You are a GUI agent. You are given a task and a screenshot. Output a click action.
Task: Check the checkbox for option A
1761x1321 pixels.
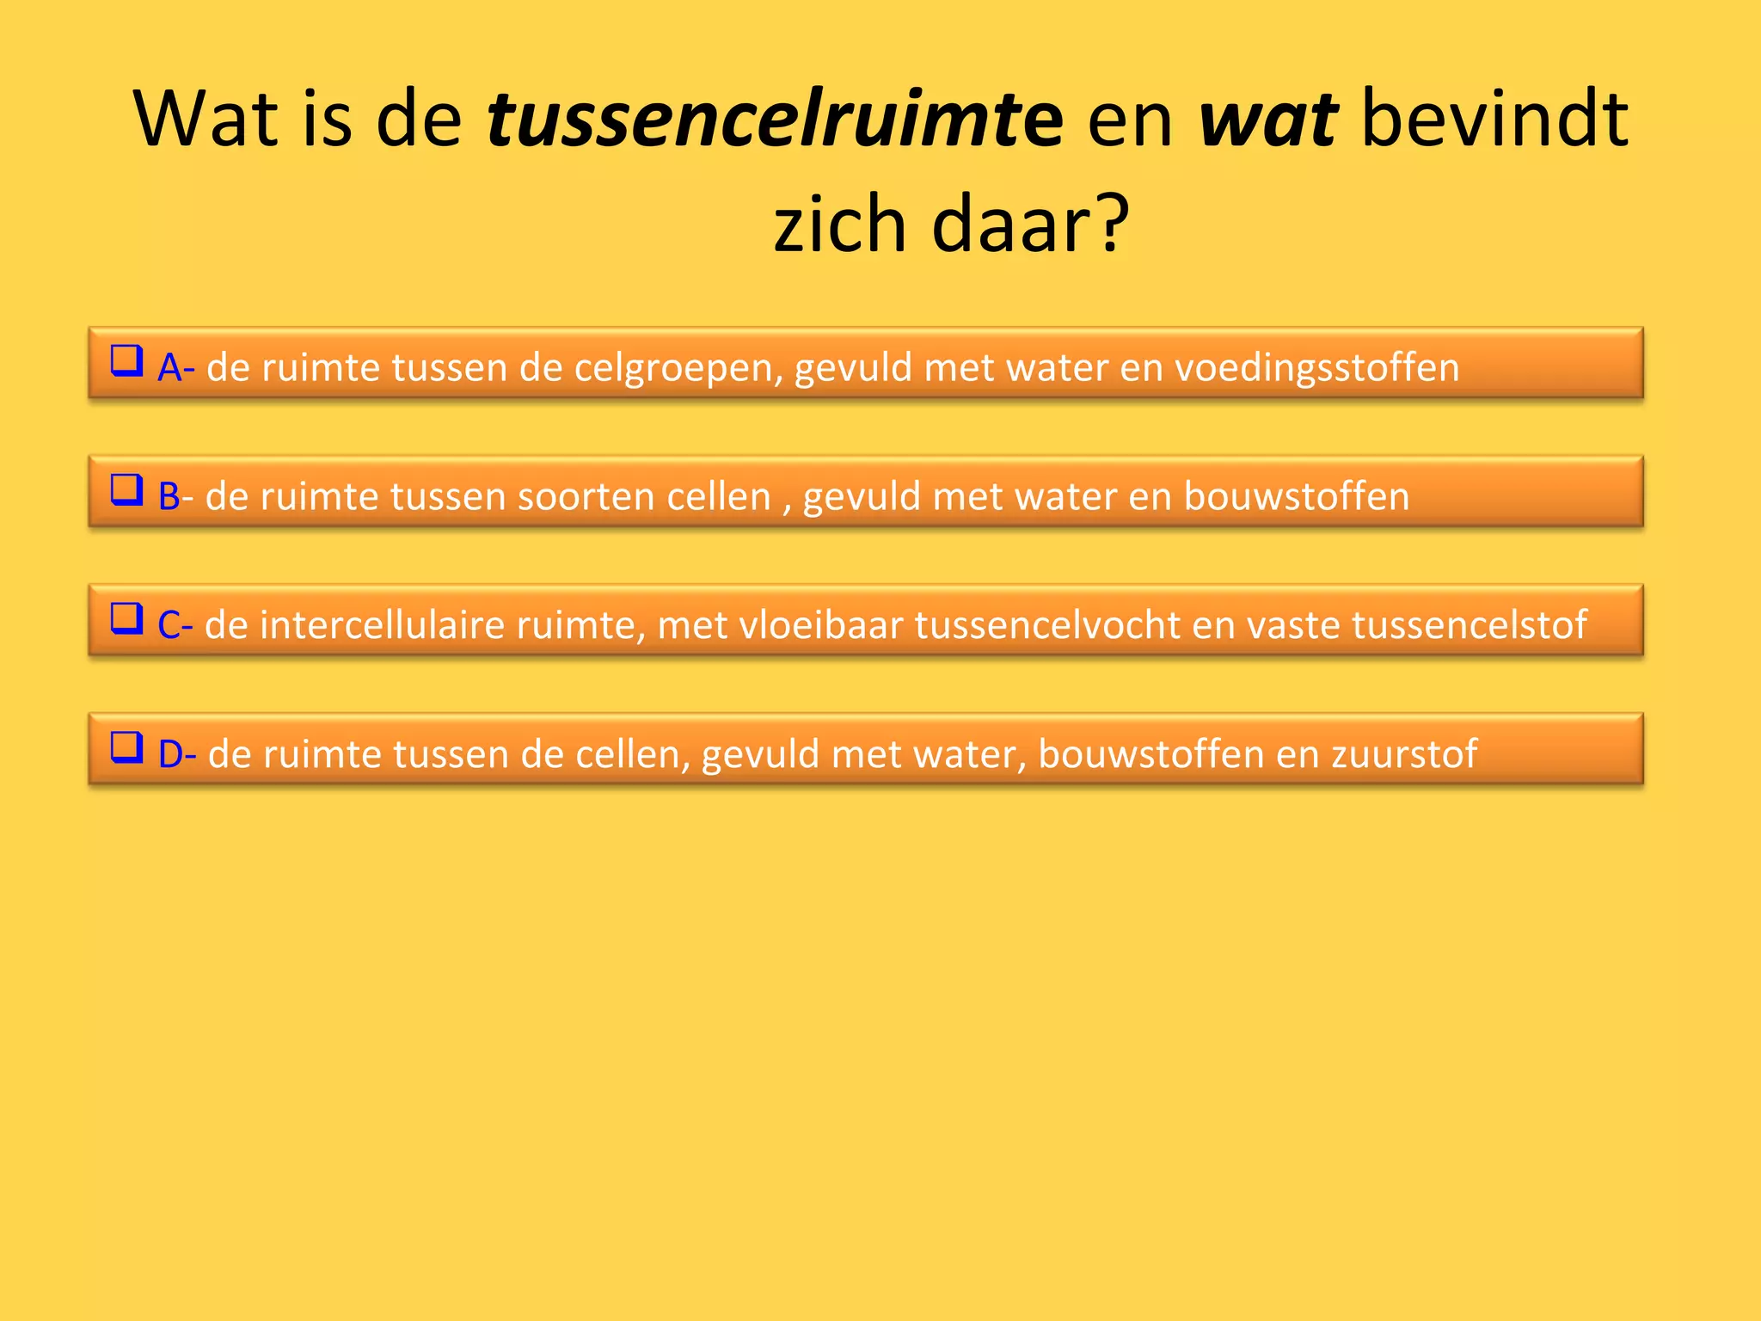(126, 361)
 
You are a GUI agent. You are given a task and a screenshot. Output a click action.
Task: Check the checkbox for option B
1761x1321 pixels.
(126, 490)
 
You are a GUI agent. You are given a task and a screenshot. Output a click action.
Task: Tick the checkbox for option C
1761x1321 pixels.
(126, 618)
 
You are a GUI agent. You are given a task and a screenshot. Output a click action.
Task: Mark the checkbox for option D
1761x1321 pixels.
(126, 747)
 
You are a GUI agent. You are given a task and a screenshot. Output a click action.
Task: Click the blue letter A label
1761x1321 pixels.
(170, 368)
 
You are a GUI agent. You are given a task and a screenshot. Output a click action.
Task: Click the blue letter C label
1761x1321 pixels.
(169, 625)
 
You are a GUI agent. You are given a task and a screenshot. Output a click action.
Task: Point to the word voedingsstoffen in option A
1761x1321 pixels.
(1316, 368)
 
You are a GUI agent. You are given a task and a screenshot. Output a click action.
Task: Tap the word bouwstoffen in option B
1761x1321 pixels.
(1296, 497)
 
